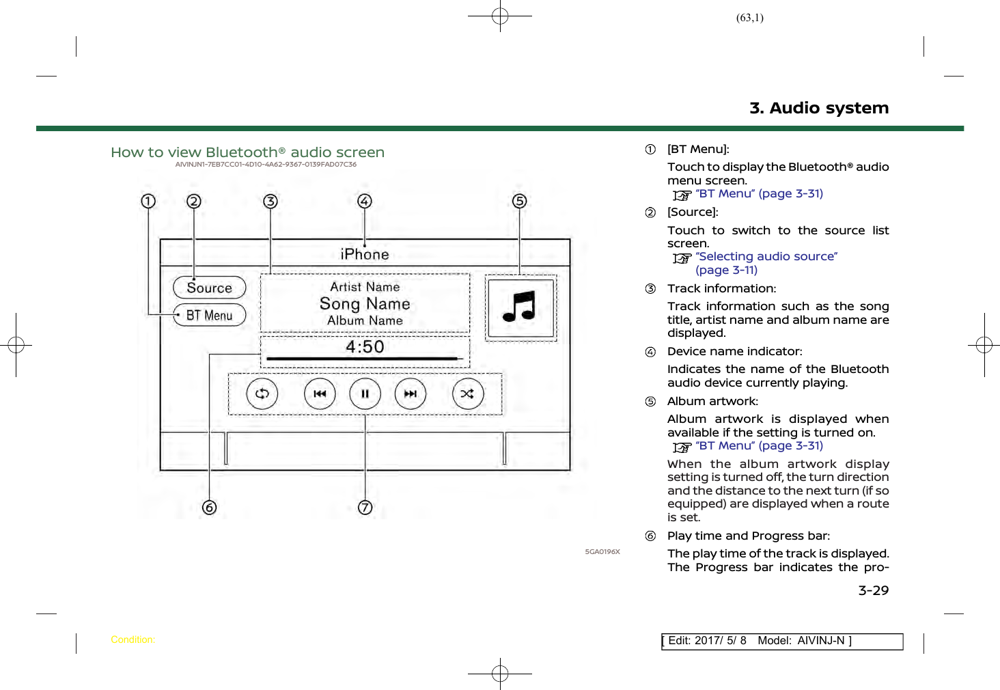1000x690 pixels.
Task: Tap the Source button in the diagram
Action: coord(209,288)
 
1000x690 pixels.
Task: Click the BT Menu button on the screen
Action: coord(209,315)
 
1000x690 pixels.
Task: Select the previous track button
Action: coord(320,394)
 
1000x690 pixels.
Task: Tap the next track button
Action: coord(410,394)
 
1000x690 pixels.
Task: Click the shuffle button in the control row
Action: coord(467,394)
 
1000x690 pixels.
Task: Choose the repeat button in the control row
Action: coord(262,394)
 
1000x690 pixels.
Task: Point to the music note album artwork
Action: coord(520,307)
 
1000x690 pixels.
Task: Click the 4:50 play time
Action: coord(365,346)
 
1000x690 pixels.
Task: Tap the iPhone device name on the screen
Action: coord(365,254)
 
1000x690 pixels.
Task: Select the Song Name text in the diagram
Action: coord(365,303)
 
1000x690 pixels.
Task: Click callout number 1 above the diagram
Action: coord(148,201)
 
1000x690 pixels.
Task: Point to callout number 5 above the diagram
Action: coord(520,201)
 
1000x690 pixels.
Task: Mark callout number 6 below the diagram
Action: coord(209,508)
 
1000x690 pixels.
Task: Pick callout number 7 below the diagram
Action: coord(365,508)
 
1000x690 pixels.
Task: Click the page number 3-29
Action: coord(873,590)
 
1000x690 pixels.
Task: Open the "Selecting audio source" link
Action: coord(766,256)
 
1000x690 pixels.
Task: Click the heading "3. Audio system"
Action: coord(818,108)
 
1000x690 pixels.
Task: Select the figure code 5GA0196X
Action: coord(602,551)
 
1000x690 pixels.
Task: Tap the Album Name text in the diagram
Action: coord(365,320)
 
